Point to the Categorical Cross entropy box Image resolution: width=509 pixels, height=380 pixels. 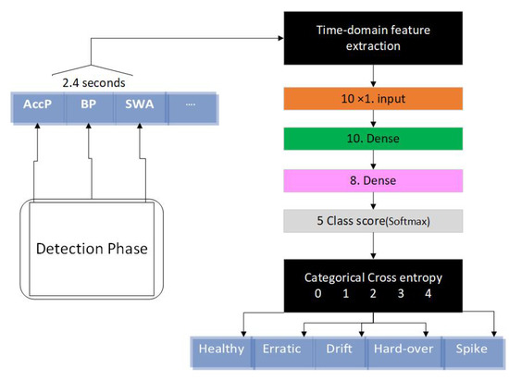point(373,283)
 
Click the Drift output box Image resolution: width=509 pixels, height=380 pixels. point(339,349)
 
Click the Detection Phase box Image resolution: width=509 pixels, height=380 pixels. point(93,249)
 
